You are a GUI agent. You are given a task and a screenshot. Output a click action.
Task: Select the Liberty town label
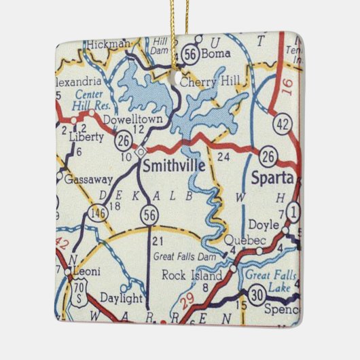86,137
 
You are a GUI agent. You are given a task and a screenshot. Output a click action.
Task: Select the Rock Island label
192,276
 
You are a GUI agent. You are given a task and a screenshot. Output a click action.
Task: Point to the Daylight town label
122,298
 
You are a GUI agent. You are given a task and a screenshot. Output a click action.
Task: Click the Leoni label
87,272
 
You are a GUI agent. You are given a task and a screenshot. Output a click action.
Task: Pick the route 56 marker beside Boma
190,52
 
